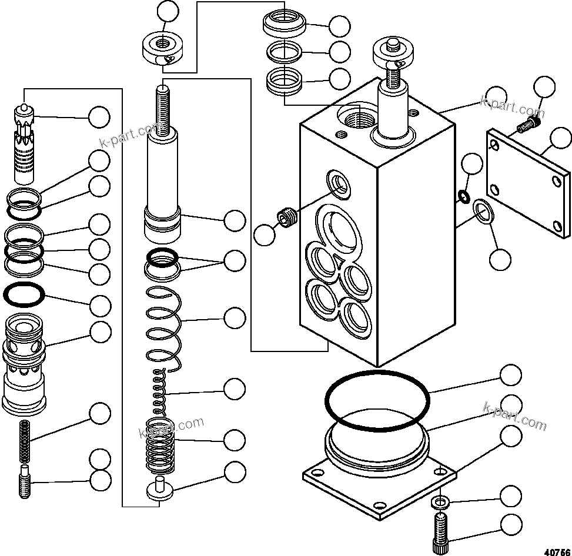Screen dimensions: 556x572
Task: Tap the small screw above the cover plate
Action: point(527,124)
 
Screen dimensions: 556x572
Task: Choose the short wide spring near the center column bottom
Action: point(160,446)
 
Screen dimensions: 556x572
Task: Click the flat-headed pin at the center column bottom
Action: point(159,490)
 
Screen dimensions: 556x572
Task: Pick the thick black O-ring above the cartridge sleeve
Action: point(24,294)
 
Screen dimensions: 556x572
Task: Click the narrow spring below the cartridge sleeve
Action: point(25,441)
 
